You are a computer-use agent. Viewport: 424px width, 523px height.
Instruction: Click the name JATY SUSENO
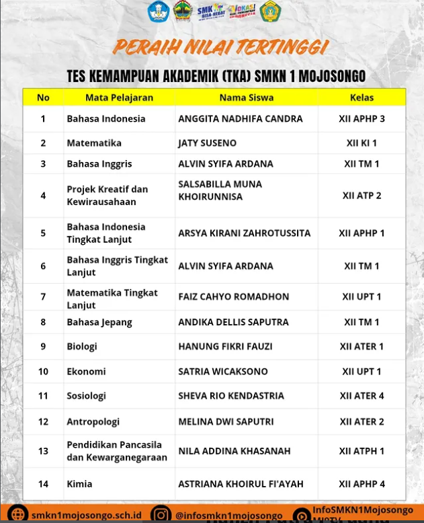[x=207, y=143]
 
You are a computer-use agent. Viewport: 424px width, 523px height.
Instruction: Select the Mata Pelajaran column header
[x=119, y=97]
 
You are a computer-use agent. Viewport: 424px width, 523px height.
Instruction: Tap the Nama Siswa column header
[x=246, y=97]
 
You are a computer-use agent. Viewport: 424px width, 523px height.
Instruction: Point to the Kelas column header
[x=362, y=97]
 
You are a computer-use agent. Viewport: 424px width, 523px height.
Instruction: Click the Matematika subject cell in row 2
[x=94, y=143]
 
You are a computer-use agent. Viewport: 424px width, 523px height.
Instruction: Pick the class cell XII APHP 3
[x=362, y=119]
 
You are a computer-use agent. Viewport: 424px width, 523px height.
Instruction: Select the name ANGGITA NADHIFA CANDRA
[x=240, y=119]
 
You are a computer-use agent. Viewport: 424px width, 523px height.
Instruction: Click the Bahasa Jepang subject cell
[x=99, y=322]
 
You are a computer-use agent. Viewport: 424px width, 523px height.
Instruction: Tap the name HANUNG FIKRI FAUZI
[x=225, y=347]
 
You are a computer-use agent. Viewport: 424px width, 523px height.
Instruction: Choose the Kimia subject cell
[x=79, y=484]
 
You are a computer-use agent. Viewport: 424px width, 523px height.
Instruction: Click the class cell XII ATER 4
[x=362, y=396]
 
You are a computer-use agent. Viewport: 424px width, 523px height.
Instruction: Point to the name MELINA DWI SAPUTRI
[x=226, y=422]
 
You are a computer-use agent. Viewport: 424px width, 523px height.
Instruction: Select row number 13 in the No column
[x=43, y=451]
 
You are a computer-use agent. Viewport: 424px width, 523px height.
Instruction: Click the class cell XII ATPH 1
[x=362, y=451]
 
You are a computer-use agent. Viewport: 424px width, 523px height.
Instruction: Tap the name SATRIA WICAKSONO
[x=222, y=372]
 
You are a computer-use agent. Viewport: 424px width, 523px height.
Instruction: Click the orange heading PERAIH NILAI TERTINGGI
[x=220, y=47]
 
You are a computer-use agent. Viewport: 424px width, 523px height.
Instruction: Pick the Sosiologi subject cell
[x=86, y=396]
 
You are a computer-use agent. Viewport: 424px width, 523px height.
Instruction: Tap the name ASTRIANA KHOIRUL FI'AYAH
[x=241, y=484]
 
